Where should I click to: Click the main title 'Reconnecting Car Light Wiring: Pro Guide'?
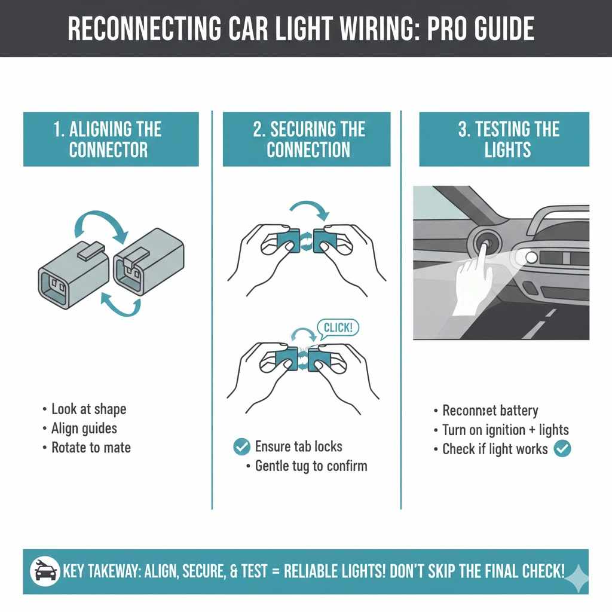pyautogui.click(x=305, y=29)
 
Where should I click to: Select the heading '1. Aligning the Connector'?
pyautogui.click(x=111, y=139)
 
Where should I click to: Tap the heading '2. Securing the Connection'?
pyautogui.click(x=307, y=139)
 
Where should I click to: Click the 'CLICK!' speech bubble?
pyautogui.click(x=338, y=328)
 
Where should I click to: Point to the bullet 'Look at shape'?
pyautogui.click(x=88, y=409)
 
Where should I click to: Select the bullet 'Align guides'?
pyautogui.click(x=84, y=429)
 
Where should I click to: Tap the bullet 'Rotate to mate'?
pyautogui.click(x=90, y=448)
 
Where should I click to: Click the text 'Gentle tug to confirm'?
pyautogui.click(x=311, y=466)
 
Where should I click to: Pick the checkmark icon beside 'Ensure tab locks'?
pyautogui.click(x=241, y=446)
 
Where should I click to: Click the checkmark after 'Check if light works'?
pyautogui.click(x=562, y=449)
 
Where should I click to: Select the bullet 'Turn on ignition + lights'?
pyautogui.click(x=505, y=430)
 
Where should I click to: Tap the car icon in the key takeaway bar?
pyautogui.click(x=45, y=571)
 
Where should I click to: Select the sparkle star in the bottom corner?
pyautogui.click(x=577, y=579)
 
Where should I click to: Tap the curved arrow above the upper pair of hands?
pyautogui.click(x=308, y=211)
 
